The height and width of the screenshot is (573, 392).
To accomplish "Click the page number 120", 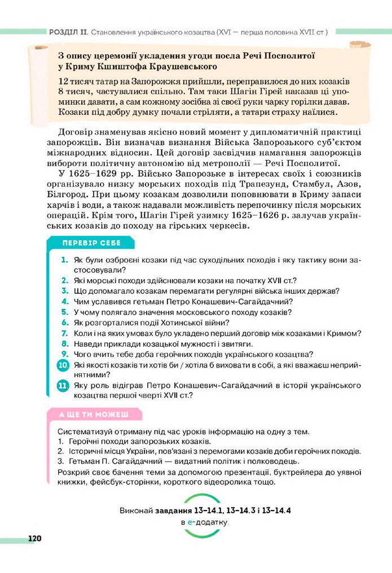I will (34, 539).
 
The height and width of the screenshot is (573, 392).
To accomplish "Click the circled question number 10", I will (63, 365).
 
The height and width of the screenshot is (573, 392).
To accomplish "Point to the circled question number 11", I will (63, 386).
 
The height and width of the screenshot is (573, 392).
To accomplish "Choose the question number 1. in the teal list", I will (65, 259).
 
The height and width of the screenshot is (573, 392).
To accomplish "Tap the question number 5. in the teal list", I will (65, 312).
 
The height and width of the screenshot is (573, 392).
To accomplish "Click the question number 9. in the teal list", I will (65, 354).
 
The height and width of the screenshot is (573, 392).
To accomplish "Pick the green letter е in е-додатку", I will (190, 522).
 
